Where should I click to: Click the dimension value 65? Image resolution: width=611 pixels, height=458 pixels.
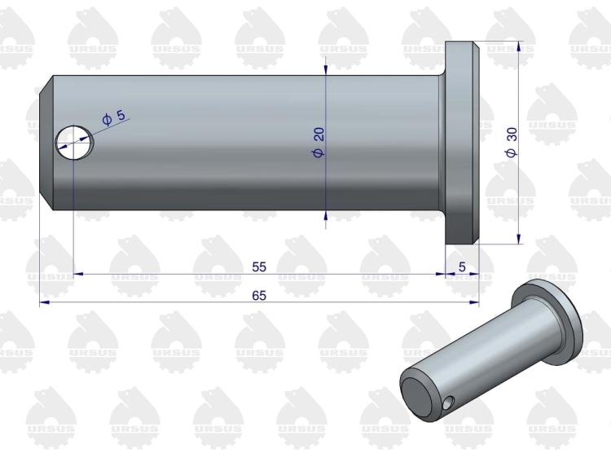(x=259, y=296)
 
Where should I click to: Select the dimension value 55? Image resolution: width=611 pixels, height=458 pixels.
(x=259, y=267)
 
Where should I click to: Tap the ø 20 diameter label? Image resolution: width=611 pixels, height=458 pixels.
(x=319, y=143)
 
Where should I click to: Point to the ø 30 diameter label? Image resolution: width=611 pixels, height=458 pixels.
(x=512, y=143)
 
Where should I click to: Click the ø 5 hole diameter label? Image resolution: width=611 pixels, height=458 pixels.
(x=114, y=117)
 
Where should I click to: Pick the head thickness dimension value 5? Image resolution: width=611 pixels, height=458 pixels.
(x=462, y=267)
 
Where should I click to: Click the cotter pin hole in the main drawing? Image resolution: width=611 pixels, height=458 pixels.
(x=74, y=143)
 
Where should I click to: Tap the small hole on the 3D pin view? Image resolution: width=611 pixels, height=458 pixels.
(x=449, y=403)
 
